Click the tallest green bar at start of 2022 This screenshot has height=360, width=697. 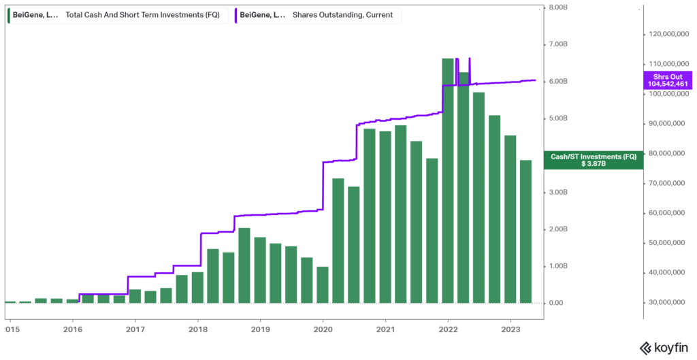point(447,180)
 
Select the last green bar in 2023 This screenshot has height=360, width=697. point(525,231)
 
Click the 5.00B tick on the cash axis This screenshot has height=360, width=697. point(558,118)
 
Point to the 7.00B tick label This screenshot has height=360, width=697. point(558,45)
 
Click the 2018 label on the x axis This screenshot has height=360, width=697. point(198,329)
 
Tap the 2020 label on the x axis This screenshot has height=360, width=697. point(323,329)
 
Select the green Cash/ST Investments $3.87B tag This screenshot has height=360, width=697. point(594,160)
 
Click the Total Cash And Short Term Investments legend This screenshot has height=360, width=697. point(116,15)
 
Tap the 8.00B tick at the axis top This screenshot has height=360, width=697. point(558,8)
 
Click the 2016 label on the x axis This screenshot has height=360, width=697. point(73,329)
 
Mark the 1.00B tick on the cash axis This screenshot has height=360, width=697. point(558,266)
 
